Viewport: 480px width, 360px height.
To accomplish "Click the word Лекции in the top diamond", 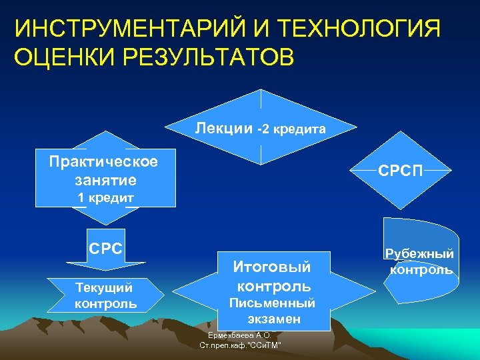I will click(x=224, y=127).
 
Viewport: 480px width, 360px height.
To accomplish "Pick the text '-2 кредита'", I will click(x=292, y=129).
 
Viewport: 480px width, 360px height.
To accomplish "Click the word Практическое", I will click(x=104, y=162).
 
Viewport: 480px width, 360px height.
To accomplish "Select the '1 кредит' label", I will click(x=106, y=197).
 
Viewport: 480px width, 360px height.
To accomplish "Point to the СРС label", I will click(x=106, y=249).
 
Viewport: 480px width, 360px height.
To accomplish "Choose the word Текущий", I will click(x=104, y=288).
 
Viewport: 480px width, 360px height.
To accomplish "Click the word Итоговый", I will click(x=272, y=267).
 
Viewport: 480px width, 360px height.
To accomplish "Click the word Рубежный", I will click(x=421, y=253).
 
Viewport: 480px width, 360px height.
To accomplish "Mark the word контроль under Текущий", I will click(x=106, y=304).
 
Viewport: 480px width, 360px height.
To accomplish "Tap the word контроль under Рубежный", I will click(x=421, y=269).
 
